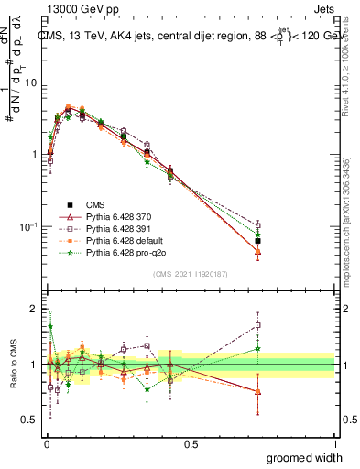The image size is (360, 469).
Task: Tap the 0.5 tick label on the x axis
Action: pos(190,442)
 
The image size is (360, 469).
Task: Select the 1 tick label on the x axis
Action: pos(333,442)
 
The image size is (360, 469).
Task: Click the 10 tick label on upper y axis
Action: pos(31,82)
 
